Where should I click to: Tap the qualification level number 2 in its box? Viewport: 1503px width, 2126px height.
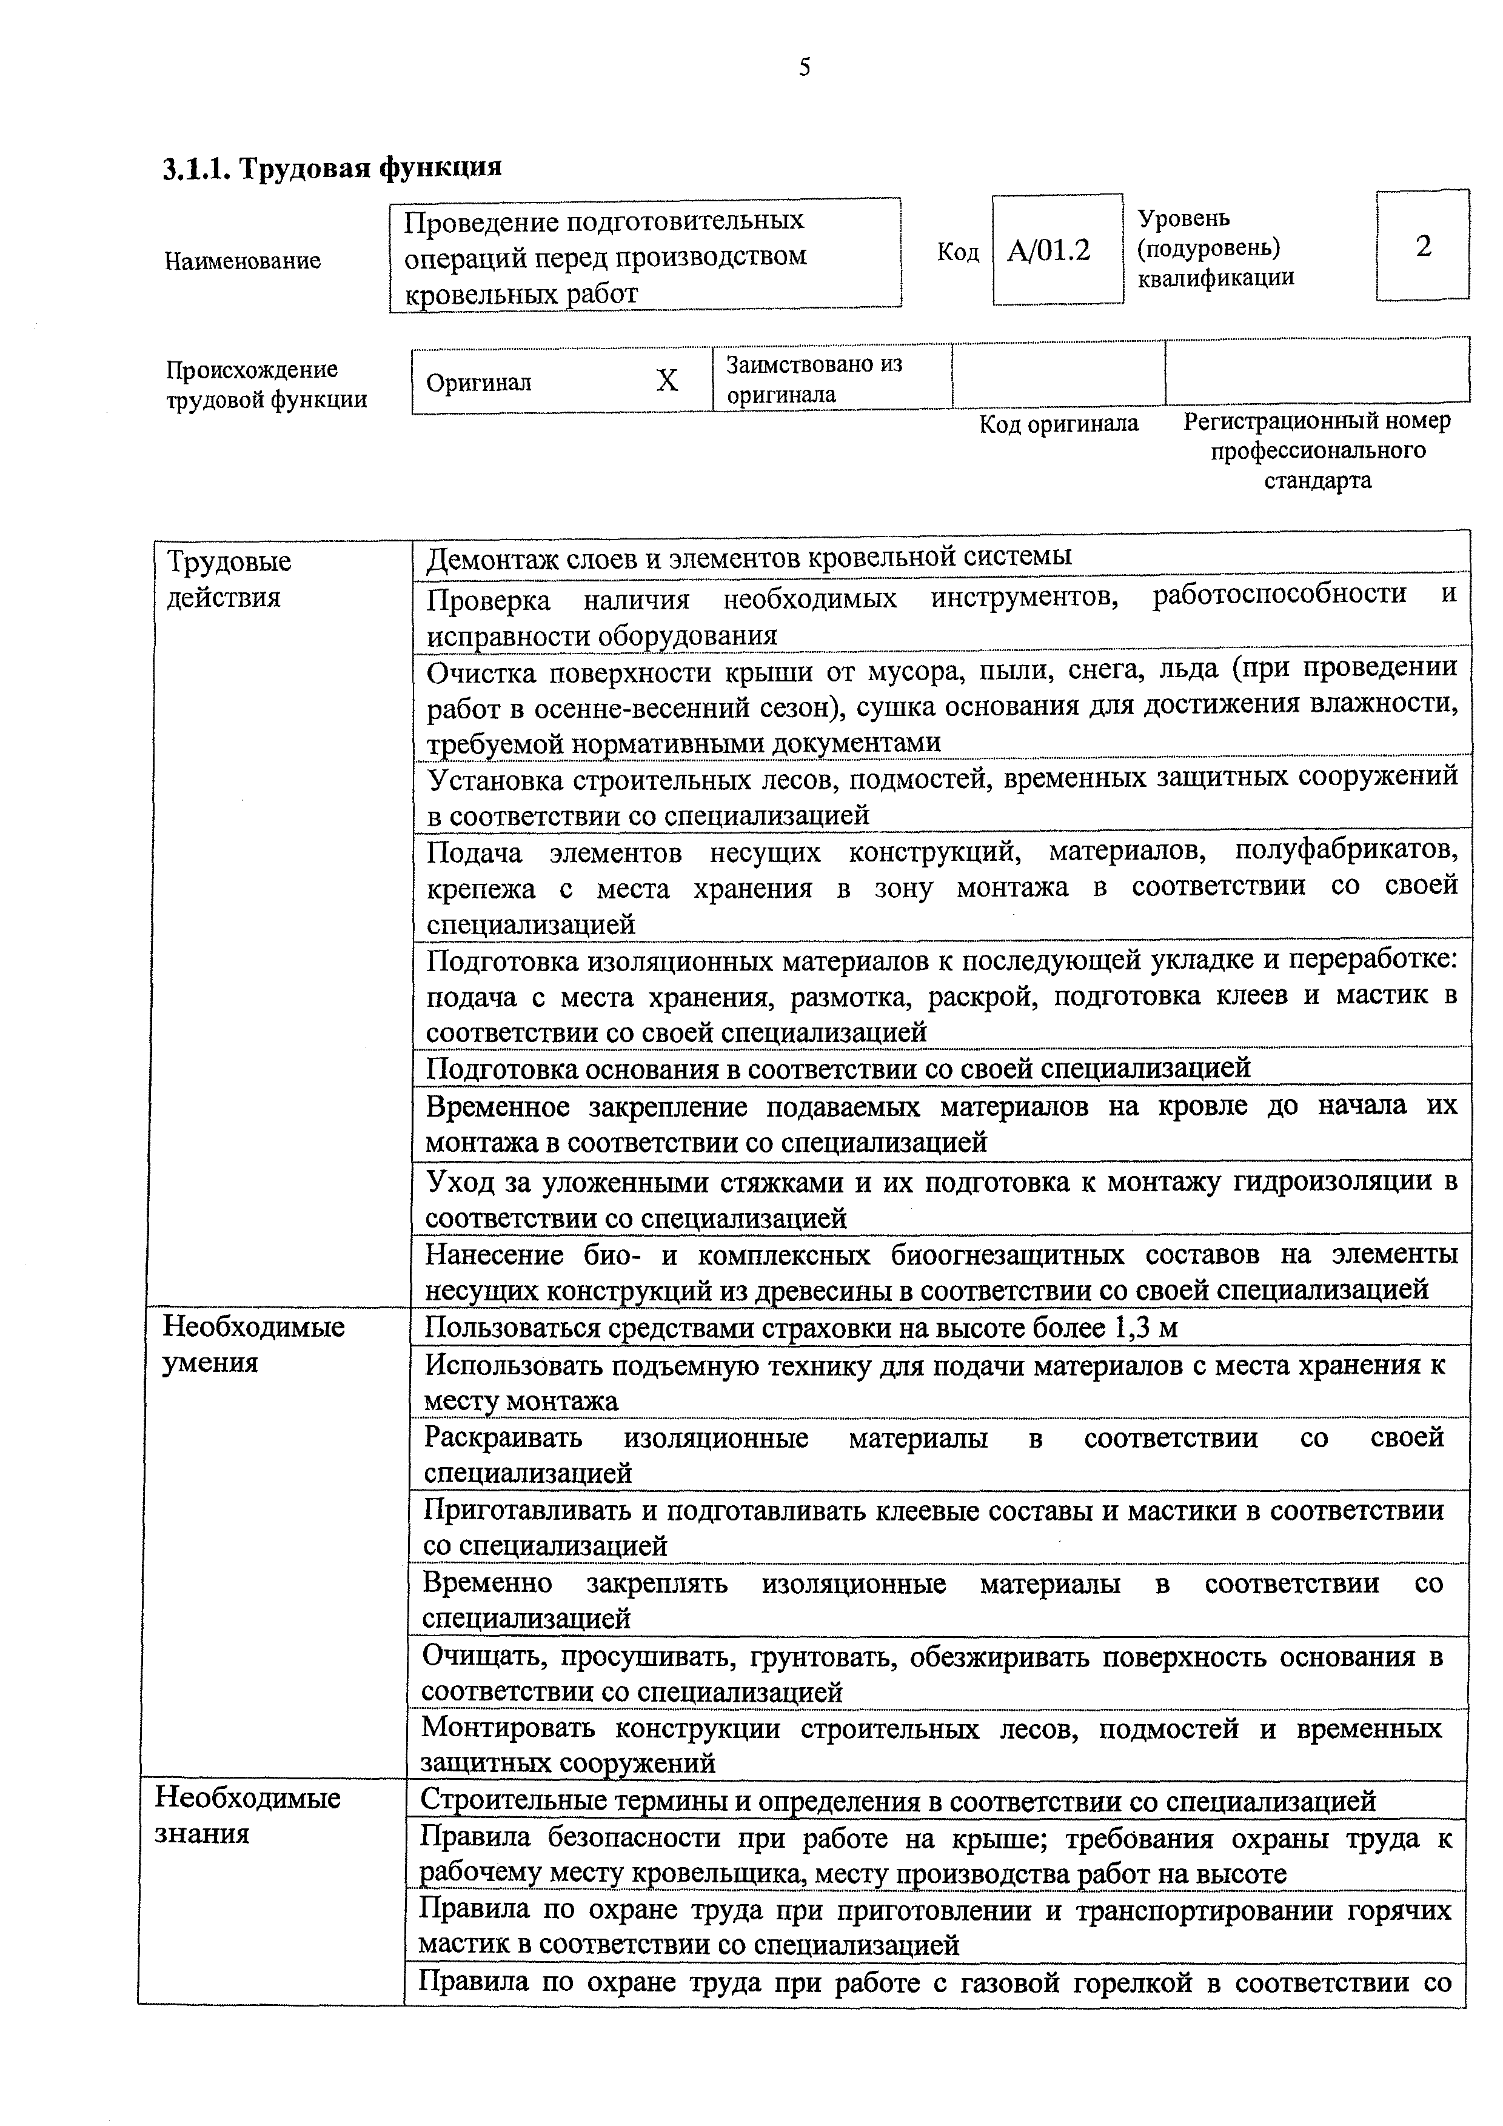pyautogui.click(x=1424, y=246)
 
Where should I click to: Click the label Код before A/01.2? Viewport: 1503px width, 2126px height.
pyautogui.click(x=957, y=252)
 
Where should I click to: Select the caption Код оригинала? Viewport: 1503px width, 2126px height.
pyautogui.click(x=1059, y=424)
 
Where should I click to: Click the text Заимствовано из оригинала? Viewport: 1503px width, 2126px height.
pyautogui.click(x=813, y=379)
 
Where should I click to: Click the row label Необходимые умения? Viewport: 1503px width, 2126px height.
pyautogui.click(x=254, y=1345)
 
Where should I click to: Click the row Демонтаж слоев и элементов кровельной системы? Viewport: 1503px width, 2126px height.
pyautogui.click(x=748, y=557)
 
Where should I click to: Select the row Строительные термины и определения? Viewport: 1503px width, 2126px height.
pyautogui.click(x=897, y=1801)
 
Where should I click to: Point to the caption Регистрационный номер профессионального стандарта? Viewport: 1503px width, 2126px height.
pyautogui.click(x=1317, y=451)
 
